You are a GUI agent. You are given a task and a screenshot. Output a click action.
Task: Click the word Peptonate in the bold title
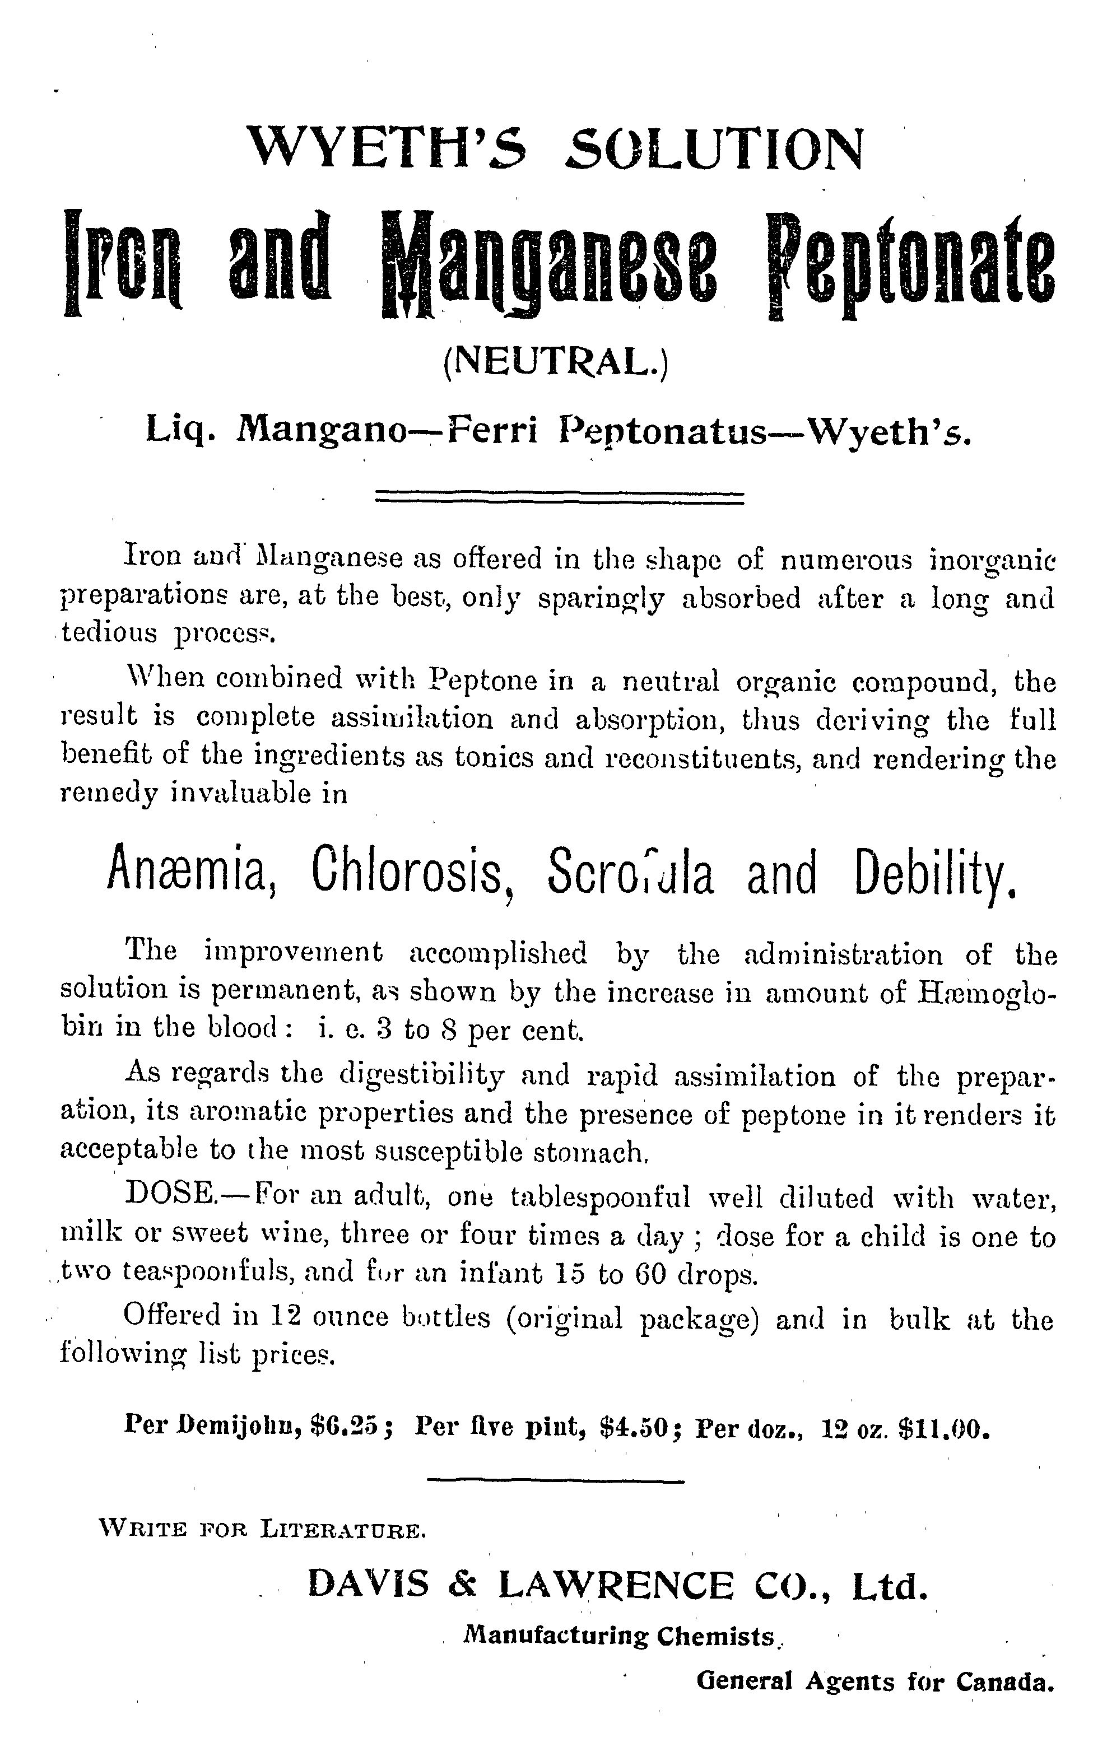(910, 265)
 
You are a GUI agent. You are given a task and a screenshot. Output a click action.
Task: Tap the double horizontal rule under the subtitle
(559, 499)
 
